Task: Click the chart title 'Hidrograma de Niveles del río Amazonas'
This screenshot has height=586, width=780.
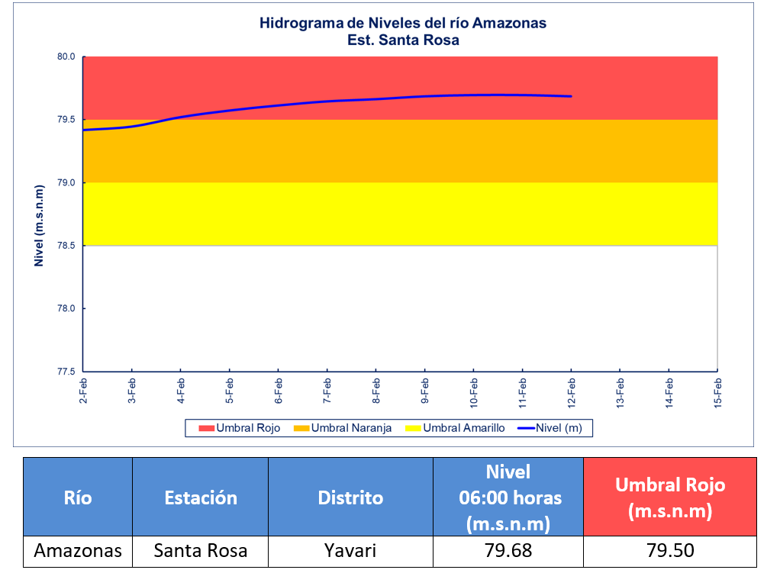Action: [403, 23]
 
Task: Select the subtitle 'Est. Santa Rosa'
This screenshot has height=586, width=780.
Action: [403, 40]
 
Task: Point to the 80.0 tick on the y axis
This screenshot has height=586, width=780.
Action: [66, 56]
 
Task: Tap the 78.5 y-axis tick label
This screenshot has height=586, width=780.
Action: [66, 246]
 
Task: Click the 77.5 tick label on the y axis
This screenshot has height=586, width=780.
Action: [66, 372]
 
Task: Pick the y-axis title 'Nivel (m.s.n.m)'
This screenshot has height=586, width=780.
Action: [39, 226]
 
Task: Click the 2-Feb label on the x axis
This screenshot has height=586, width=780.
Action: [83, 391]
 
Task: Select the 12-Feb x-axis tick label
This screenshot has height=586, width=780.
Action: [571, 393]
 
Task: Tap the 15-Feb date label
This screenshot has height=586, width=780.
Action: [718, 393]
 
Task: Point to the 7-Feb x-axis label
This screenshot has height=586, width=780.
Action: [327, 391]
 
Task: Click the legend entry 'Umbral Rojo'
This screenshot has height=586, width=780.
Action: [240, 428]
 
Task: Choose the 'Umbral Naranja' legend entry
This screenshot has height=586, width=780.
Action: [343, 428]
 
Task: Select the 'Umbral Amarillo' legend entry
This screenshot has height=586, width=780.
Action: [455, 428]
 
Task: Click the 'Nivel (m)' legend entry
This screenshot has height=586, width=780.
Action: [550, 428]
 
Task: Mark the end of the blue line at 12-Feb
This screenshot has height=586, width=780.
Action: [571, 96]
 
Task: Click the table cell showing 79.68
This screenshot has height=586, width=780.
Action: [508, 551]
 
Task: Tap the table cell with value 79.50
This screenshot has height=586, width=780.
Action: [670, 551]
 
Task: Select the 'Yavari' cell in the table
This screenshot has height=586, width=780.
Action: [351, 551]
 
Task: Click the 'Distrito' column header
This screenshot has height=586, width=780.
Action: [351, 497]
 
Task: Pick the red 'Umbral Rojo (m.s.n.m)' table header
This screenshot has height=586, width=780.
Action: [670, 497]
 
